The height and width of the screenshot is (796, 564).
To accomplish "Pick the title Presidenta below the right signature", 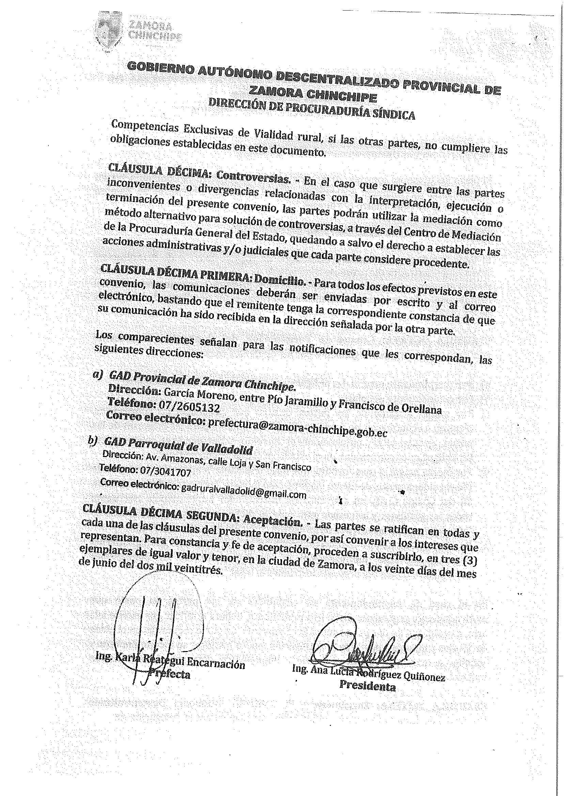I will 367,686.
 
